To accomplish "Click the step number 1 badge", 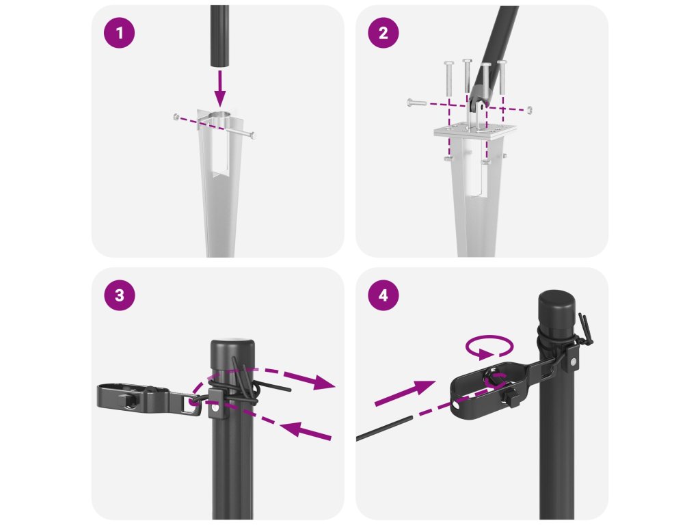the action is point(119,33).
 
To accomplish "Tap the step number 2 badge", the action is point(383,33).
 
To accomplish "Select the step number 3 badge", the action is point(119,295).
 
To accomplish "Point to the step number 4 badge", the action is point(383,295).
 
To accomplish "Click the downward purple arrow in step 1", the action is point(219,88).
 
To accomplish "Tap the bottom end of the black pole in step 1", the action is point(219,67).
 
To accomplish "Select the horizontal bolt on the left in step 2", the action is point(417,103).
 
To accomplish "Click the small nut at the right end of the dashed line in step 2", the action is point(530,109).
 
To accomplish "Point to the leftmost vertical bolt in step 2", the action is point(448,79).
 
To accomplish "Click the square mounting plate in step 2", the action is point(475,131).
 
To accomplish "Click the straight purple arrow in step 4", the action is point(405,393).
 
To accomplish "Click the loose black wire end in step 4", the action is point(384,429).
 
